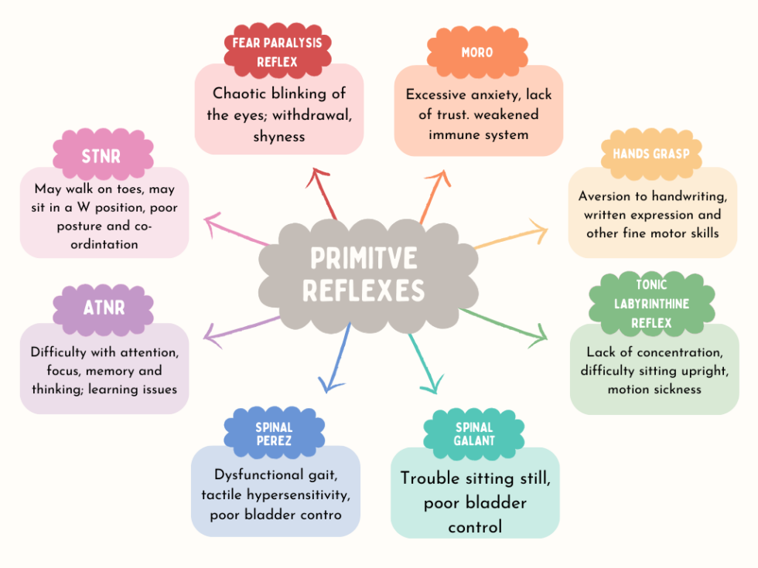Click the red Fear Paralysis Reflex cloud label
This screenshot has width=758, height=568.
pos(276,52)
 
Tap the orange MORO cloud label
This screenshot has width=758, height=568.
pos(472,53)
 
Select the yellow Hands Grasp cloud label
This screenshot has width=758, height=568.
pos(650,154)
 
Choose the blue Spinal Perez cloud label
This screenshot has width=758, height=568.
pos(274,434)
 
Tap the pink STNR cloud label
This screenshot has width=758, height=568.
pos(102,157)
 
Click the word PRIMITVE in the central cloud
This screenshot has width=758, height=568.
pos(364,258)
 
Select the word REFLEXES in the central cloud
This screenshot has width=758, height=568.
pos(364,291)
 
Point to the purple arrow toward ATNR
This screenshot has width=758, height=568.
pos(241,325)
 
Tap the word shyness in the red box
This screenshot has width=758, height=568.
pos(279,137)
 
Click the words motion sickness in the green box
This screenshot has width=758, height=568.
pos(654,389)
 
